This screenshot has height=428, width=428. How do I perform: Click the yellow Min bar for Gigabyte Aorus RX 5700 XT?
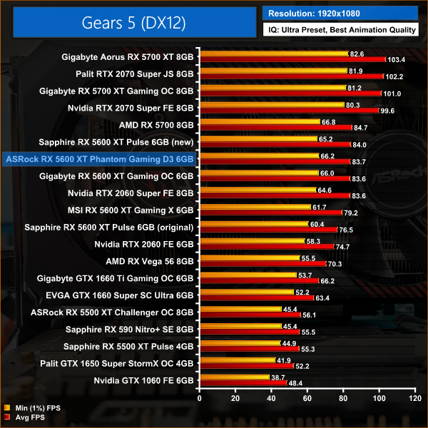pyautogui.click(x=274, y=54)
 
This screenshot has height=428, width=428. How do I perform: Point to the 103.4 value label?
pyautogui.click(x=397, y=60)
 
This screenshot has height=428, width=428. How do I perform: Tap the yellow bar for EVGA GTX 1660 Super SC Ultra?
pyautogui.click(x=247, y=292)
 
